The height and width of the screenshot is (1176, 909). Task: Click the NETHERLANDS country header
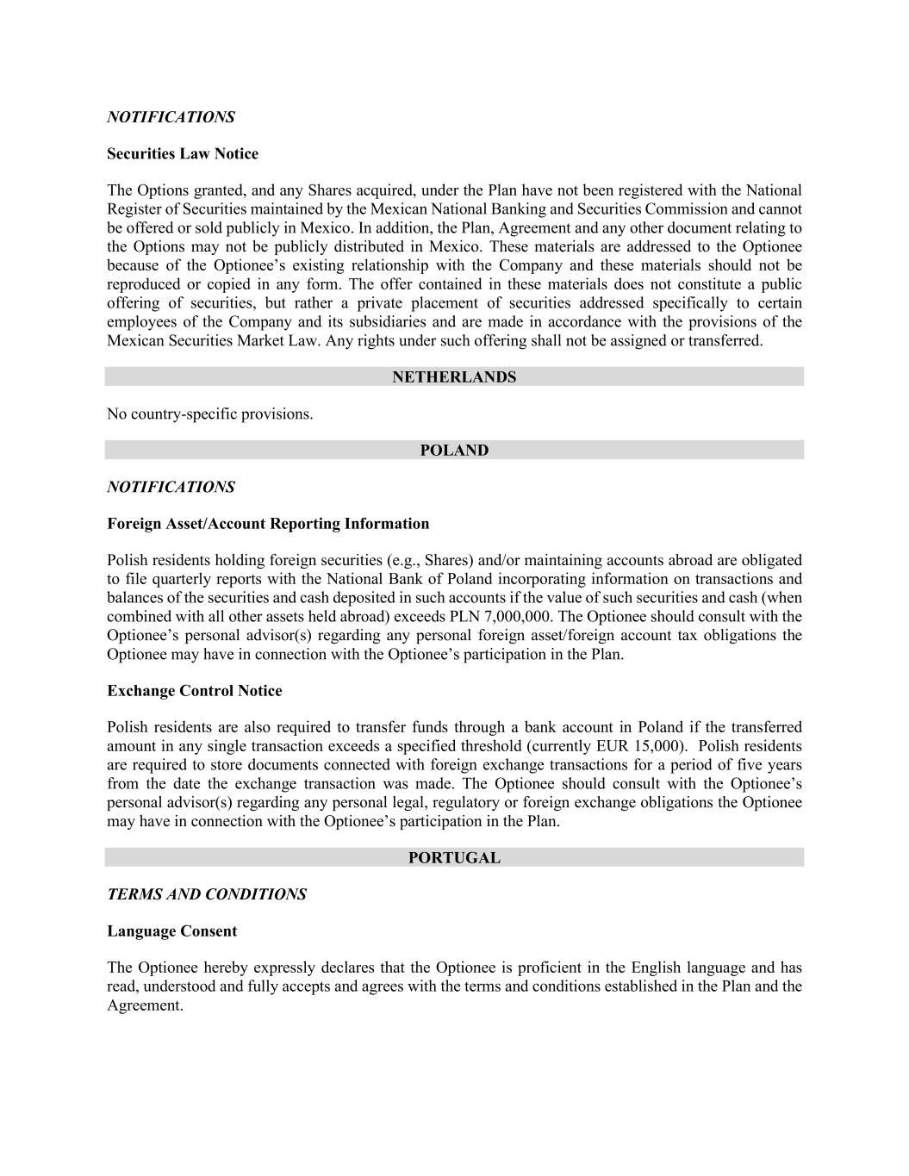click(x=454, y=377)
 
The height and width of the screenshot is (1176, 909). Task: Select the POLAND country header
click(x=454, y=451)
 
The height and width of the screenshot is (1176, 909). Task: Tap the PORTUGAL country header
click(x=454, y=858)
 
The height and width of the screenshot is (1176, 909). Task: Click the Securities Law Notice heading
click(x=183, y=154)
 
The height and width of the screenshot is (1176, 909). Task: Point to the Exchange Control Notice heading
click(x=195, y=691)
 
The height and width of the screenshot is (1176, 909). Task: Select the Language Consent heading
click(x=172, y=931)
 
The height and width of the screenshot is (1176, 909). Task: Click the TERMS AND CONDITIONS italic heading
click(x=207, y=894)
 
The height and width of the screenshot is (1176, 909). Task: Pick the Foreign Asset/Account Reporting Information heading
click(x=268, y=524)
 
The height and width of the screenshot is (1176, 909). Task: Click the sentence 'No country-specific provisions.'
click(x=210, y=414)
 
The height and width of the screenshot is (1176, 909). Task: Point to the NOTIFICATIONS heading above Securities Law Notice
click(x=171, y=117)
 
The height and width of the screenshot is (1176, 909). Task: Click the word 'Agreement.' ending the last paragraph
click(x=145, y=1005)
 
